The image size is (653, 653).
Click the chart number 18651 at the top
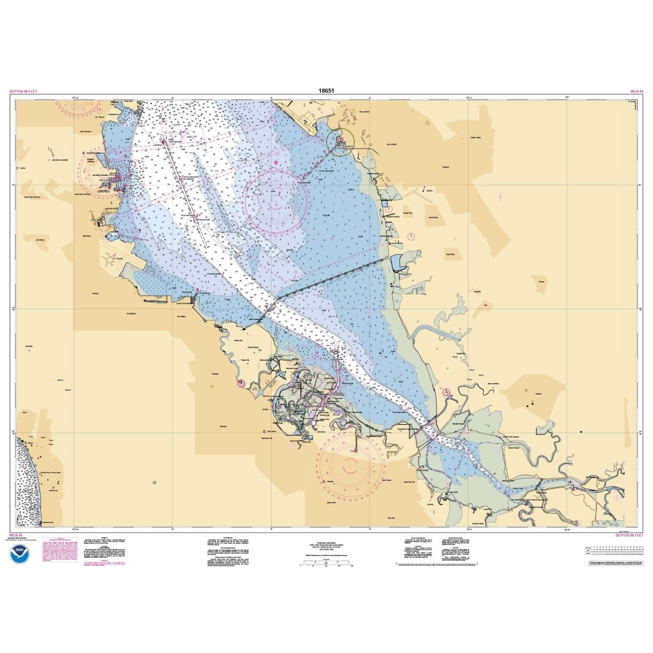[326, 91]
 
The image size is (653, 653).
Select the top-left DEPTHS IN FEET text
[24, 91]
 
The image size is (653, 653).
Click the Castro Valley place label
[478, 138]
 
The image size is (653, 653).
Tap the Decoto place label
[541, 281]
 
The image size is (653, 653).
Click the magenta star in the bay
[276, 162]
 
